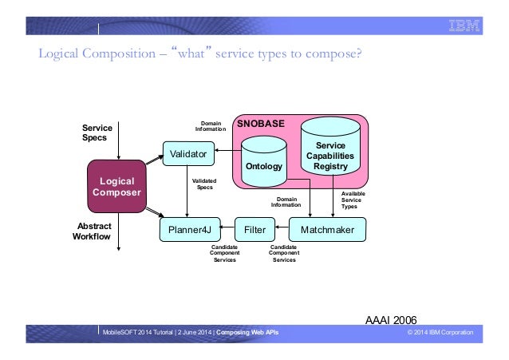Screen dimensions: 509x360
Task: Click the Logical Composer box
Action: coord(117,186)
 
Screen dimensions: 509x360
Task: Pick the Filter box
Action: coord(254,231)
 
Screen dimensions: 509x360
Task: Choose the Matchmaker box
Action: coord(327,231)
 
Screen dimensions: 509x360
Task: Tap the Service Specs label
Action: coord(98,133)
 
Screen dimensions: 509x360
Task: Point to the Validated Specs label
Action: coord(204,184)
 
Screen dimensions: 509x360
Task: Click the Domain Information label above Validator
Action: coord(211,126)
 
